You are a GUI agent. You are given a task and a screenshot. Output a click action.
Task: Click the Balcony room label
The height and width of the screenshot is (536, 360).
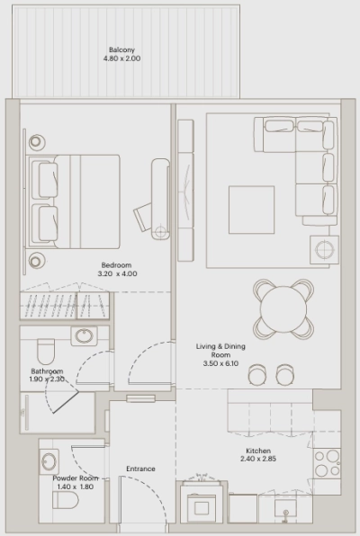(122, 49)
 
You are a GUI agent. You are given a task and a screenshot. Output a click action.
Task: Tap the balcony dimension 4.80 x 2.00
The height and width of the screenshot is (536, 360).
(122, 59)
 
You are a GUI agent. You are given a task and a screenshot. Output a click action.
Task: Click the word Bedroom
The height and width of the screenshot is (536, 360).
(117, 265)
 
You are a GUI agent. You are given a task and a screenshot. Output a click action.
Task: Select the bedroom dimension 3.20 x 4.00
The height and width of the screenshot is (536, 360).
(117, 275)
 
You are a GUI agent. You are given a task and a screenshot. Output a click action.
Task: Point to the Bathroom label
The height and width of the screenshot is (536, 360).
(47, 371)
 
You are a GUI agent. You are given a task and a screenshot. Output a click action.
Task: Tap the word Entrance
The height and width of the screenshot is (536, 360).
(140, 469)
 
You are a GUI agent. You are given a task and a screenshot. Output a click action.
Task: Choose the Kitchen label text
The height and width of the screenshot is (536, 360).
(259, 451)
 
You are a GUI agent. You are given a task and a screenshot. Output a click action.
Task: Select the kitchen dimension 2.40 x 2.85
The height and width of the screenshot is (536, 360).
(259, 461)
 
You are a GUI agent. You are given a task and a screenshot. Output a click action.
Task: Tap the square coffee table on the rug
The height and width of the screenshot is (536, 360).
(251, 210)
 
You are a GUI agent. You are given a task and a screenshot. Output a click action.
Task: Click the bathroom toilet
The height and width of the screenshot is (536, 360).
(47, 350)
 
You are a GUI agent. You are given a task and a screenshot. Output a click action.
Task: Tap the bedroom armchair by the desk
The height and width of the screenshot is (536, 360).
(144, 217)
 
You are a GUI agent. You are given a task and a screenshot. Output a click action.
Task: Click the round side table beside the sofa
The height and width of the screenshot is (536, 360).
(321, 247)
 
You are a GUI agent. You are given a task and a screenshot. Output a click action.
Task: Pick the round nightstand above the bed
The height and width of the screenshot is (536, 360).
(37, 141)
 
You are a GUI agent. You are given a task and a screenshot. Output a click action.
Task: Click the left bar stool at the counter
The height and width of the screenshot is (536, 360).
(258, 372)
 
